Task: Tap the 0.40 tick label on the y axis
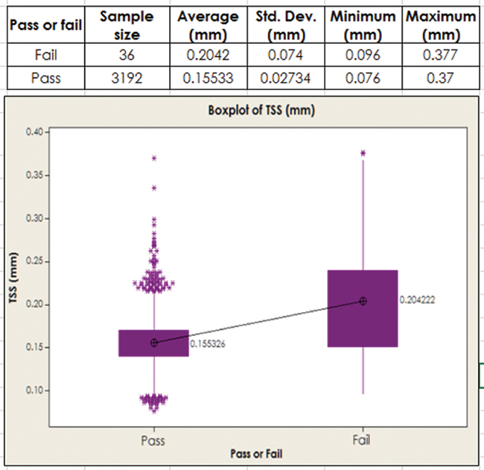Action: [x=36, y=132]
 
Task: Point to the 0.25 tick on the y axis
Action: [x=36, y=261]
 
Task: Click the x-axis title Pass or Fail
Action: [x=256, y=453]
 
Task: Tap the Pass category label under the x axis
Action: [x=153, y=440]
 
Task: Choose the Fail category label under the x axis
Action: [x=362, y=440]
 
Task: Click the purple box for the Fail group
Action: [x=363, y=328]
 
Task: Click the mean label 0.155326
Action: [x=208, y=344]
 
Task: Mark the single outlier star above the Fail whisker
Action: [x=363, y=153]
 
